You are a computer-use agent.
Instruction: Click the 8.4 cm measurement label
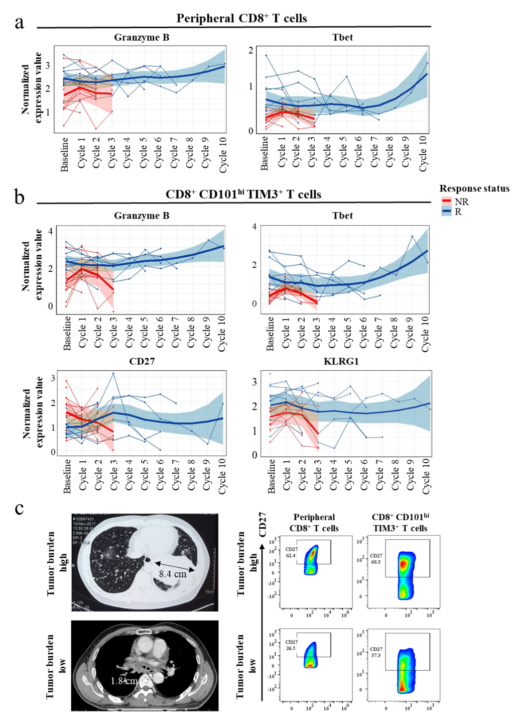pyautogui.click(x=172, y=573)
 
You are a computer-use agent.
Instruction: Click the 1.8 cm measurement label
pyautogui.click(x=123, y=681)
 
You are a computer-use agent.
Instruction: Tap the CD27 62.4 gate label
pyautogui.click(x=291, y=552)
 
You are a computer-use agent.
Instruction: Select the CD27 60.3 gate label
pyautogui.click(x=375, y=559)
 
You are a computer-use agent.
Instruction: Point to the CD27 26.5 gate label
pyautogui.click(x=291, y=645)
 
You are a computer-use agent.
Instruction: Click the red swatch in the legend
pyautogui.click(x=446, y=200)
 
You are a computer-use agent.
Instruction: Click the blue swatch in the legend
pyautogui.click(x=446, y=212)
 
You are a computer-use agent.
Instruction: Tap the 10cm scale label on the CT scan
pyautogui.click(x=209, y=591)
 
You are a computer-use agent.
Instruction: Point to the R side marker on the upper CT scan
pyautogui.click(x=73, y=566)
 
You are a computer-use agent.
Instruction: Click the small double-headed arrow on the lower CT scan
pyautogui.click(x=147, y=667)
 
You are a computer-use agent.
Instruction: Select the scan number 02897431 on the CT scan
pyautogui.click(x=87, y=518)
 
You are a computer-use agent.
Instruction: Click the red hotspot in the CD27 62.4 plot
pyautogui.click(x=313, y=553)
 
